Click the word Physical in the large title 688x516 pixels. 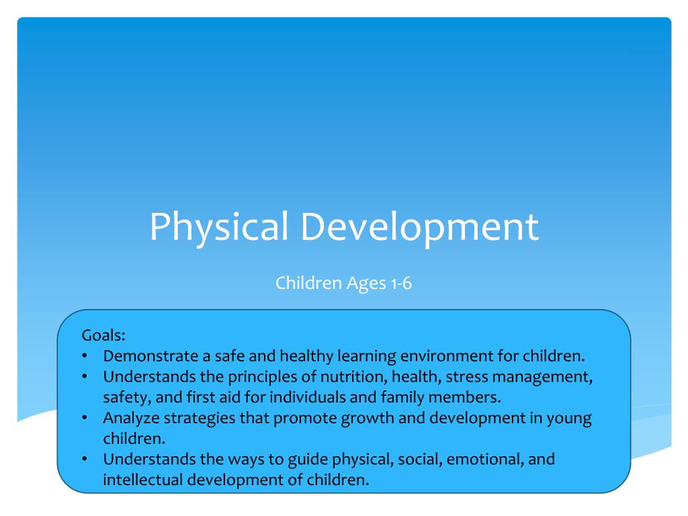[220, 227]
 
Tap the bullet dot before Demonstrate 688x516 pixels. [85, 356]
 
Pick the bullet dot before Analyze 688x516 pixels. [85, 418]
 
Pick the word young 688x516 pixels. [570, 418]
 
